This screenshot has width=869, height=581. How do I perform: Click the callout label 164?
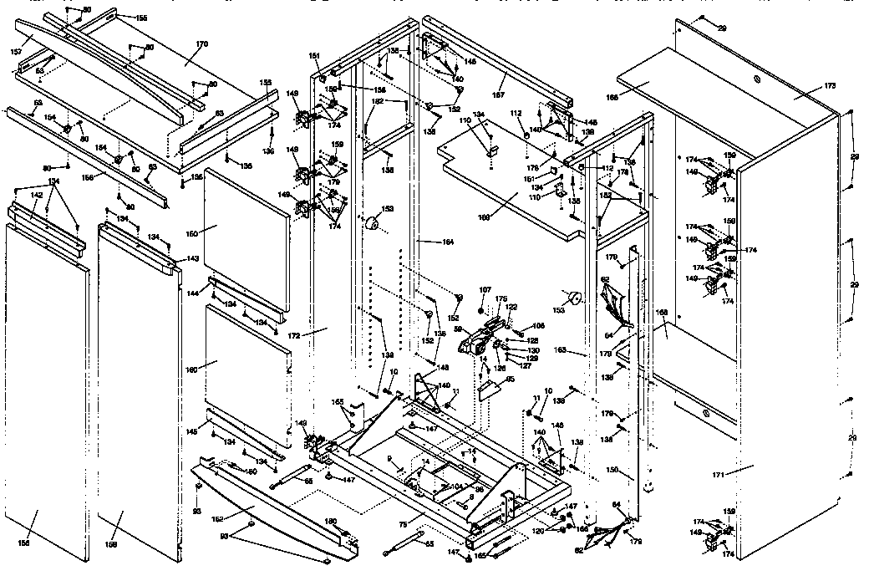(448, 242)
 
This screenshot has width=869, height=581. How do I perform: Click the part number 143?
(192, 258)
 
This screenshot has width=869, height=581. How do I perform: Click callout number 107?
(485, 290)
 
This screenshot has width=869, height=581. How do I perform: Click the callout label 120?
(538, 531)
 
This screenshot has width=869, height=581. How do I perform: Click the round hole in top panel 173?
(755, 79)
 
